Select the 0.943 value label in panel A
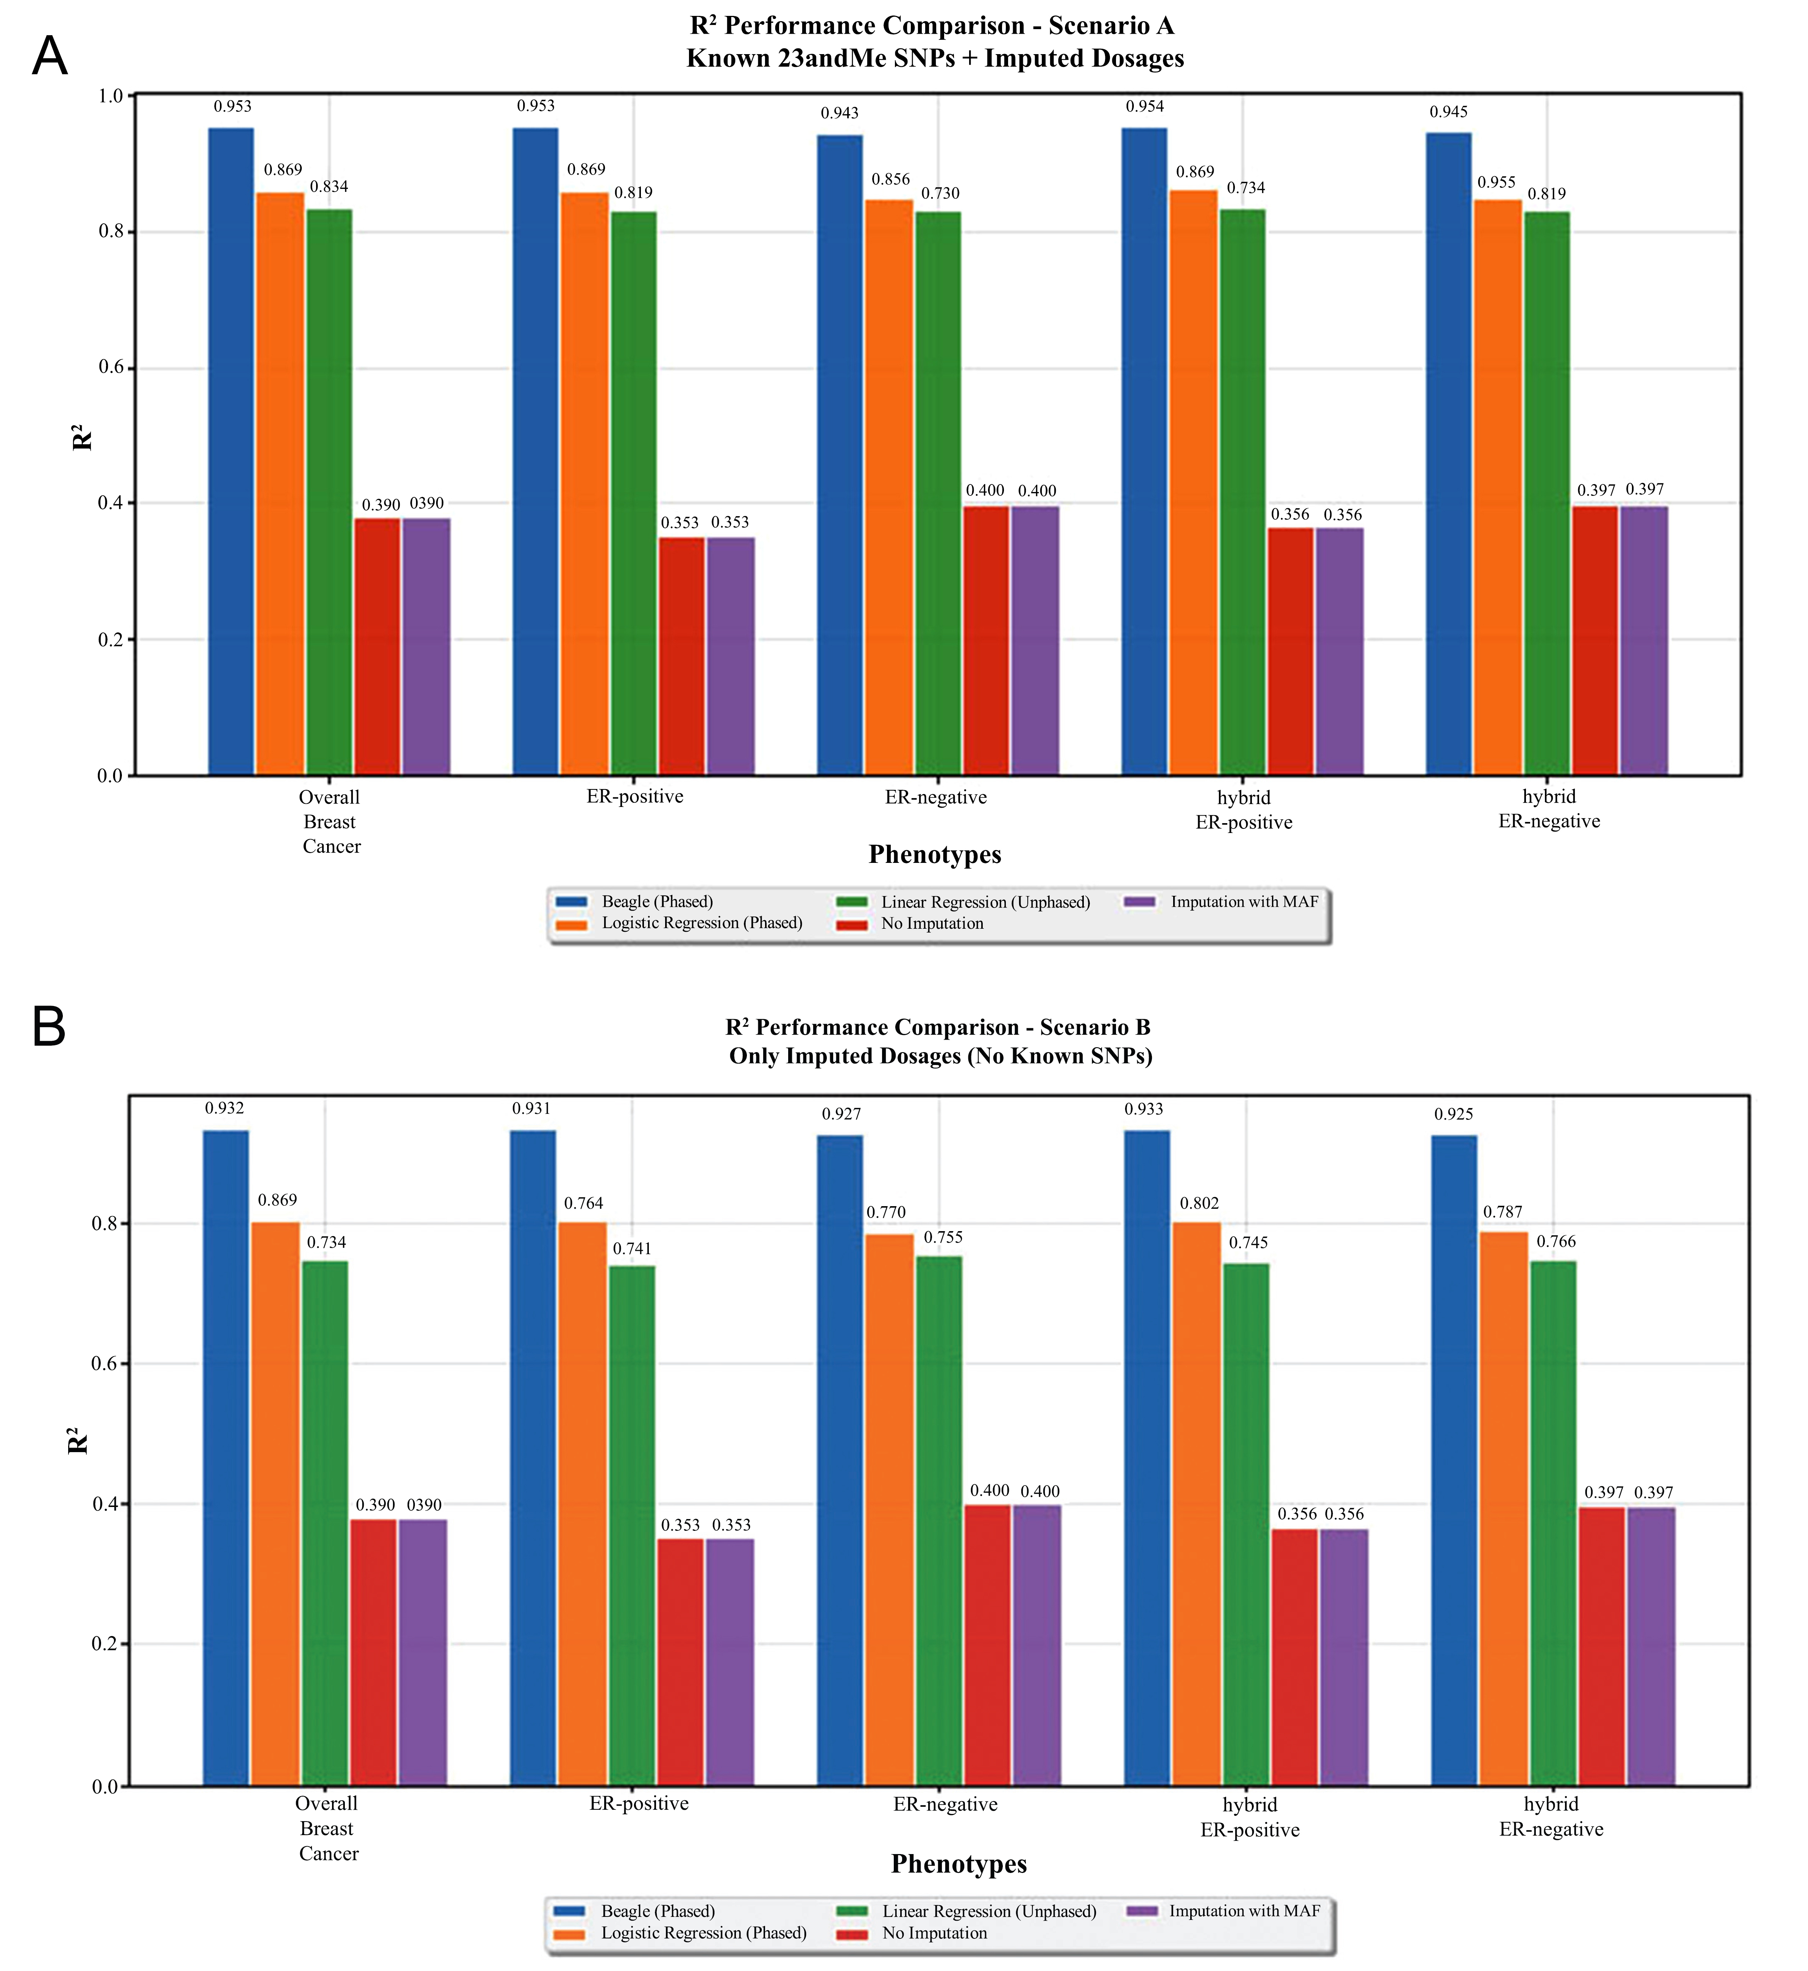click(x=839, y=114)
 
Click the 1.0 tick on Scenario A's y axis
click(x=111, y=96)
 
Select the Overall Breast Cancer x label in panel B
click(x=328, y=1828)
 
